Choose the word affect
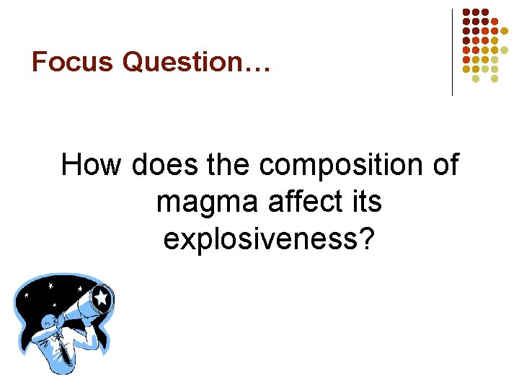(x=303, y=202)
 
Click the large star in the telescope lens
(x=102, y=296)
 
